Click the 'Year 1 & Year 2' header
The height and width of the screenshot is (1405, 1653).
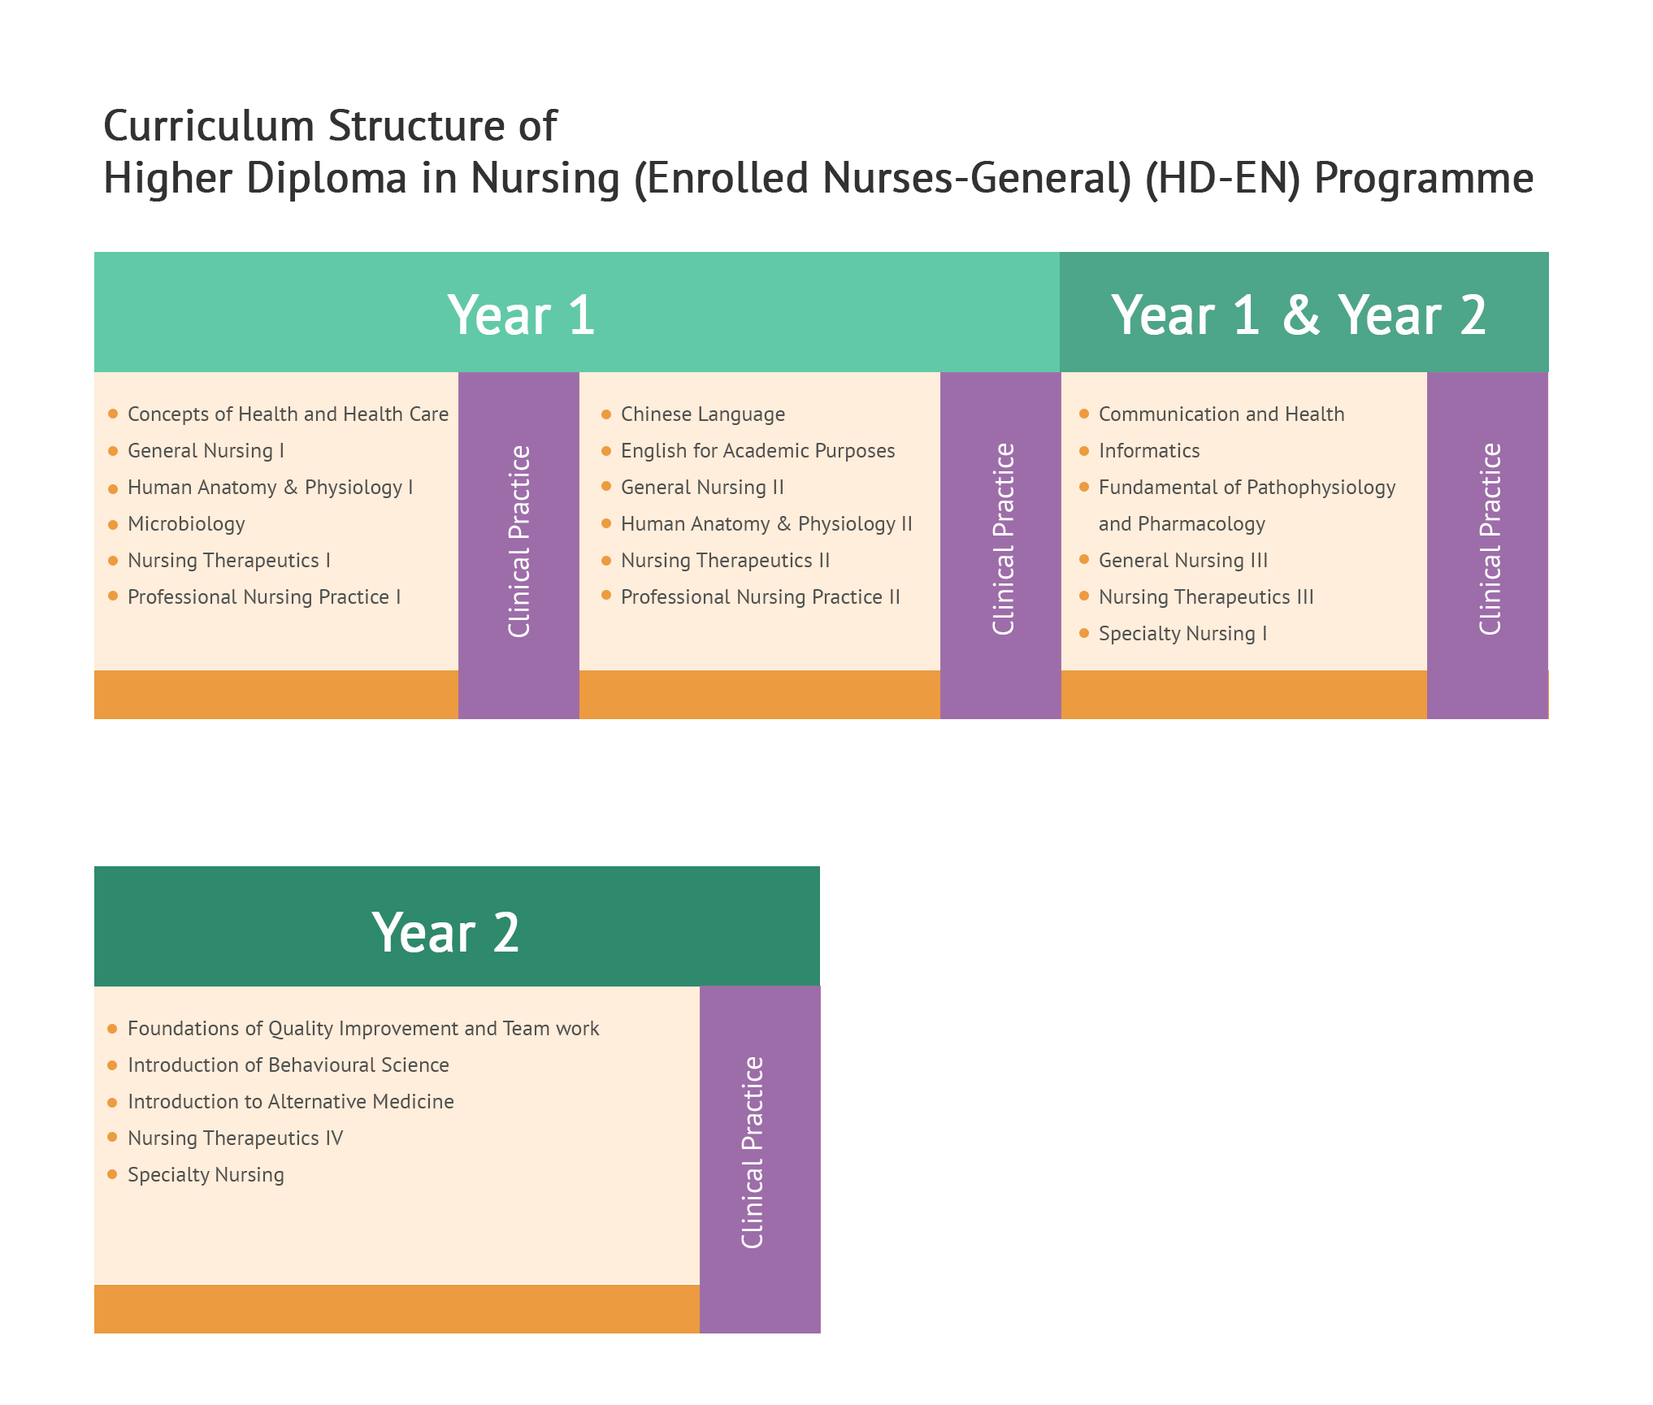(1299, 314)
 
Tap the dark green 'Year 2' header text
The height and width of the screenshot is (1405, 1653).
(445, 931)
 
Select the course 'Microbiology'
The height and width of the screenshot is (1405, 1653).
(186, 524)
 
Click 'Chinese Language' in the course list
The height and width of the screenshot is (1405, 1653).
(703, 414)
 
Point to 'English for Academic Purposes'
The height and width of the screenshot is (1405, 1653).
(757, 451)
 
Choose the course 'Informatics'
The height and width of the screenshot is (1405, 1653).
(1149, 451)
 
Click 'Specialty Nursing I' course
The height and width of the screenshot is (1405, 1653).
(1182, 634)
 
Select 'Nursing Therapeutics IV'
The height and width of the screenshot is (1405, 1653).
(235, 1138)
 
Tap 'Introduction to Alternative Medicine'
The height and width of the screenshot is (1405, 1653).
(291, 1102)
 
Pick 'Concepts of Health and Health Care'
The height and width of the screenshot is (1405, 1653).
(288, 414)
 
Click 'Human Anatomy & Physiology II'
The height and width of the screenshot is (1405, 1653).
(766, 524)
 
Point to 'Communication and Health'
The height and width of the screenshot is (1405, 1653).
(1221, 414)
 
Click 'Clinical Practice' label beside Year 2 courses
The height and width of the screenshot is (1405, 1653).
(753, 1152)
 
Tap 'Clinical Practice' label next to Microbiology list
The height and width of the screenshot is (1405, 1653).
(519, 541)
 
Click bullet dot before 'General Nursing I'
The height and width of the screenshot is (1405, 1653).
(113, 451)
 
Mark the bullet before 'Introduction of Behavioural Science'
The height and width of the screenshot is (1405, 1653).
(113, 1065)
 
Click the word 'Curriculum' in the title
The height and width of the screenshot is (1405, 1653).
(209, 126)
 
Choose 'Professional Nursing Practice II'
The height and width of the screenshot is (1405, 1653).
(761, 597)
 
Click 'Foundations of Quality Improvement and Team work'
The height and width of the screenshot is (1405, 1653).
(363, 1029)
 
